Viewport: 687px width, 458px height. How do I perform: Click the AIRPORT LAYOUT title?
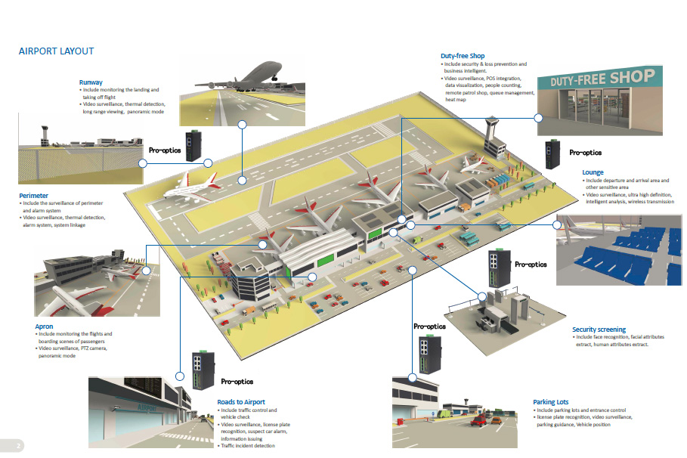click(x=56, y=51)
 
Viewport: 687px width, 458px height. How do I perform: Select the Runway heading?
click(x=91, y=82)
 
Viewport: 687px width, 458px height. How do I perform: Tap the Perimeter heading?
click(x=33, y=196)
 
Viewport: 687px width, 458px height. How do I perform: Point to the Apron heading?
click(x=44, y=326)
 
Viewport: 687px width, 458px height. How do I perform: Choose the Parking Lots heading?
click(x=550, y=402)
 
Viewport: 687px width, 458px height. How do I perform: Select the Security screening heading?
click(x=599, y=330)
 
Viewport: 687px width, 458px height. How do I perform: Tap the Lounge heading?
click(x=593, y=173)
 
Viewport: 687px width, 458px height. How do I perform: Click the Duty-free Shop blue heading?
click(x=463, y=56)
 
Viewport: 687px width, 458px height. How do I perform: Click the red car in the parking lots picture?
click(x=478, y=421)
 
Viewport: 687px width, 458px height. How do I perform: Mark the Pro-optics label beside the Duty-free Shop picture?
click(x=585, y=151)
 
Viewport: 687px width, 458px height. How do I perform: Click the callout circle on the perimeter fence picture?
click(x=142, y=162)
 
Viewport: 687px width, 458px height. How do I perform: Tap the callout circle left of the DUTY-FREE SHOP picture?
click(x=539, y=118)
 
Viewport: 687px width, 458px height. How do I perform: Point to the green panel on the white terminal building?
click(x=323, y=261)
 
